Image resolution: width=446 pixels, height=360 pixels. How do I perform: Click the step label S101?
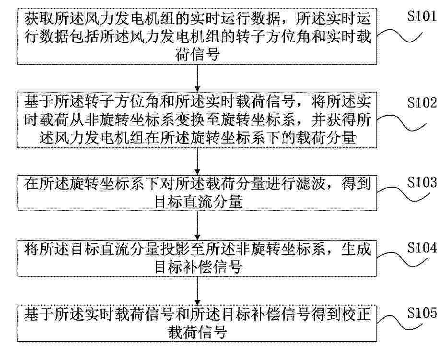(422, 16)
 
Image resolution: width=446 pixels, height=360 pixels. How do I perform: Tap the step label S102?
(422, 103)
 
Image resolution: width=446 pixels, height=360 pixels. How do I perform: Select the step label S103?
(422, 182)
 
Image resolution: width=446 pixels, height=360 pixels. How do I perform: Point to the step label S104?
(422, 248)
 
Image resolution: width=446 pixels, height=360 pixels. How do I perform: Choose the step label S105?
(422, 313)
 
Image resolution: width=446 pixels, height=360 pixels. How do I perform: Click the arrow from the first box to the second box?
(198, 78)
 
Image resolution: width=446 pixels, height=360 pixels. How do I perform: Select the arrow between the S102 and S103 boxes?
(198, 161)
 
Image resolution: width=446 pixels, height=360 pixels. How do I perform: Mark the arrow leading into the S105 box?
(198, 291)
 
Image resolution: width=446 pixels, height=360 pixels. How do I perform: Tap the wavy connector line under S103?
(403, 194)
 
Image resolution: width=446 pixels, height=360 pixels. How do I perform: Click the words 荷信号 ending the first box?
(198, 54)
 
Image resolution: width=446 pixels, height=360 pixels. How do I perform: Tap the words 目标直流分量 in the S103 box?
(198, 202)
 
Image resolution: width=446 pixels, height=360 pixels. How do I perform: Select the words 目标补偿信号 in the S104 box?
(198, 267)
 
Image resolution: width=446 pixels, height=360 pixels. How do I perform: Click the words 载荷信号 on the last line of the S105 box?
(198, 332)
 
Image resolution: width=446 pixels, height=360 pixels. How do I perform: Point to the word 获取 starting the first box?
(39, 19)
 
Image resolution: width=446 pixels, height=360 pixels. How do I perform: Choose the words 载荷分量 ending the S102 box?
(326, 138)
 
